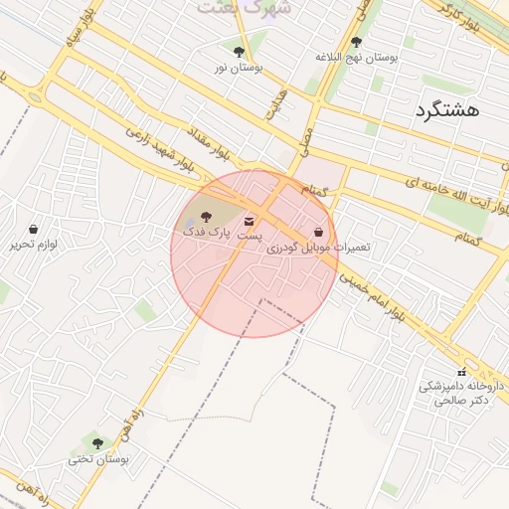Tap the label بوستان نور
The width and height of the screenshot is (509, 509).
tap(239, 68)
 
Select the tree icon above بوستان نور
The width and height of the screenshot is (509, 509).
tap(239, 52)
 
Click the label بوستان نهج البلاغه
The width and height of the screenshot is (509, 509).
tap(357, 58)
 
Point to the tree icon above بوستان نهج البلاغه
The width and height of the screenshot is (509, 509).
tap(357, 42)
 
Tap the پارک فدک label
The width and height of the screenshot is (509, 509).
tap(206, 231)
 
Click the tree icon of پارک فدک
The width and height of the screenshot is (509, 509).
tap(206, 216)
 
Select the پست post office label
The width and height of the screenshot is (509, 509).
tap(249, 236)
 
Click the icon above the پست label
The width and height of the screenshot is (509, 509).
tap(249, 221)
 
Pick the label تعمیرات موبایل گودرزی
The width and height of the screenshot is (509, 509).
tap(318, 246)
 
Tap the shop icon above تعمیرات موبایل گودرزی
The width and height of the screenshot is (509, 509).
tap(318, 231)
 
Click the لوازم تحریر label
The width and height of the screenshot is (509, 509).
tap(34, 244)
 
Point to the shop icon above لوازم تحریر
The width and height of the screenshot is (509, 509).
tap(34, 229)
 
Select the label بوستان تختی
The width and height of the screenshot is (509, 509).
tap(97, 459)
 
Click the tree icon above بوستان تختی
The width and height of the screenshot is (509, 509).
tap(97, 443)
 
